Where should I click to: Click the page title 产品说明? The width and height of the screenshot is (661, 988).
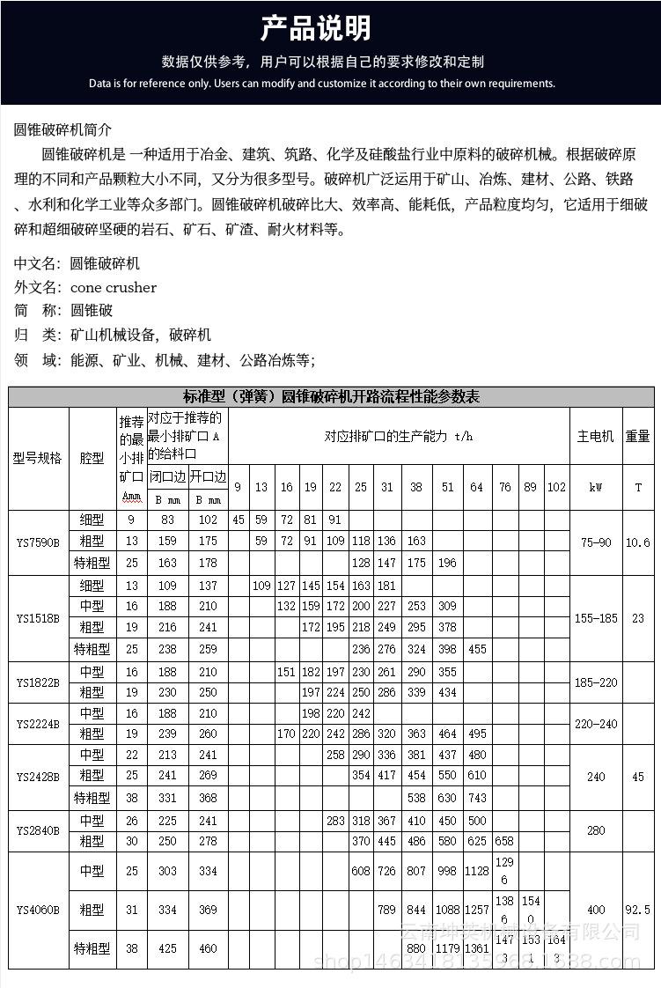coord(314,29)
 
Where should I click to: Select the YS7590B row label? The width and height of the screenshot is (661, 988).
coord(38,542)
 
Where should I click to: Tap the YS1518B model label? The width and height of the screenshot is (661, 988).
coord(38,618)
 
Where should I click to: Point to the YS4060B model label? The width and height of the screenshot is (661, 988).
coord(38,910)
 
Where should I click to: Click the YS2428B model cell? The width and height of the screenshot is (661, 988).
coord(38,778)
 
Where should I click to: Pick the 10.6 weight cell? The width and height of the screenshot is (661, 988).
coord(637,542)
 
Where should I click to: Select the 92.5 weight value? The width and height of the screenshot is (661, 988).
coord(637,910)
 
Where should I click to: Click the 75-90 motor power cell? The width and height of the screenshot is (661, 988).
coord(596,542)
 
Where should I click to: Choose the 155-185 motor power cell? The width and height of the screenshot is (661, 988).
coord(596,618)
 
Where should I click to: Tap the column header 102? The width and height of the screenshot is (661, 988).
coord(556,487)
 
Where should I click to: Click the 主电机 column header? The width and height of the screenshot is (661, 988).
coord(596,436)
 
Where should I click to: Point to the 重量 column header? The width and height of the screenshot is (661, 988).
coord(637,436)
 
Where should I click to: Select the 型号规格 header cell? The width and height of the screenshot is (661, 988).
coord(38,458)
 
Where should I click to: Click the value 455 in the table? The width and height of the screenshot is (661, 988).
coord(476,650)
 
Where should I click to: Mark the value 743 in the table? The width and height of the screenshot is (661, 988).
coord(476,799)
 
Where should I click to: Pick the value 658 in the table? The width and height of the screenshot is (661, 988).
coord(504,841)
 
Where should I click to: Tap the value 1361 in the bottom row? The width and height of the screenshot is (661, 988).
coord(476,948)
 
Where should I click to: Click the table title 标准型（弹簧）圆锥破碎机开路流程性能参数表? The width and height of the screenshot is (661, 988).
coord(331,397)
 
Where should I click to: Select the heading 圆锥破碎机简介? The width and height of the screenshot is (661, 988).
coord(63,129)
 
